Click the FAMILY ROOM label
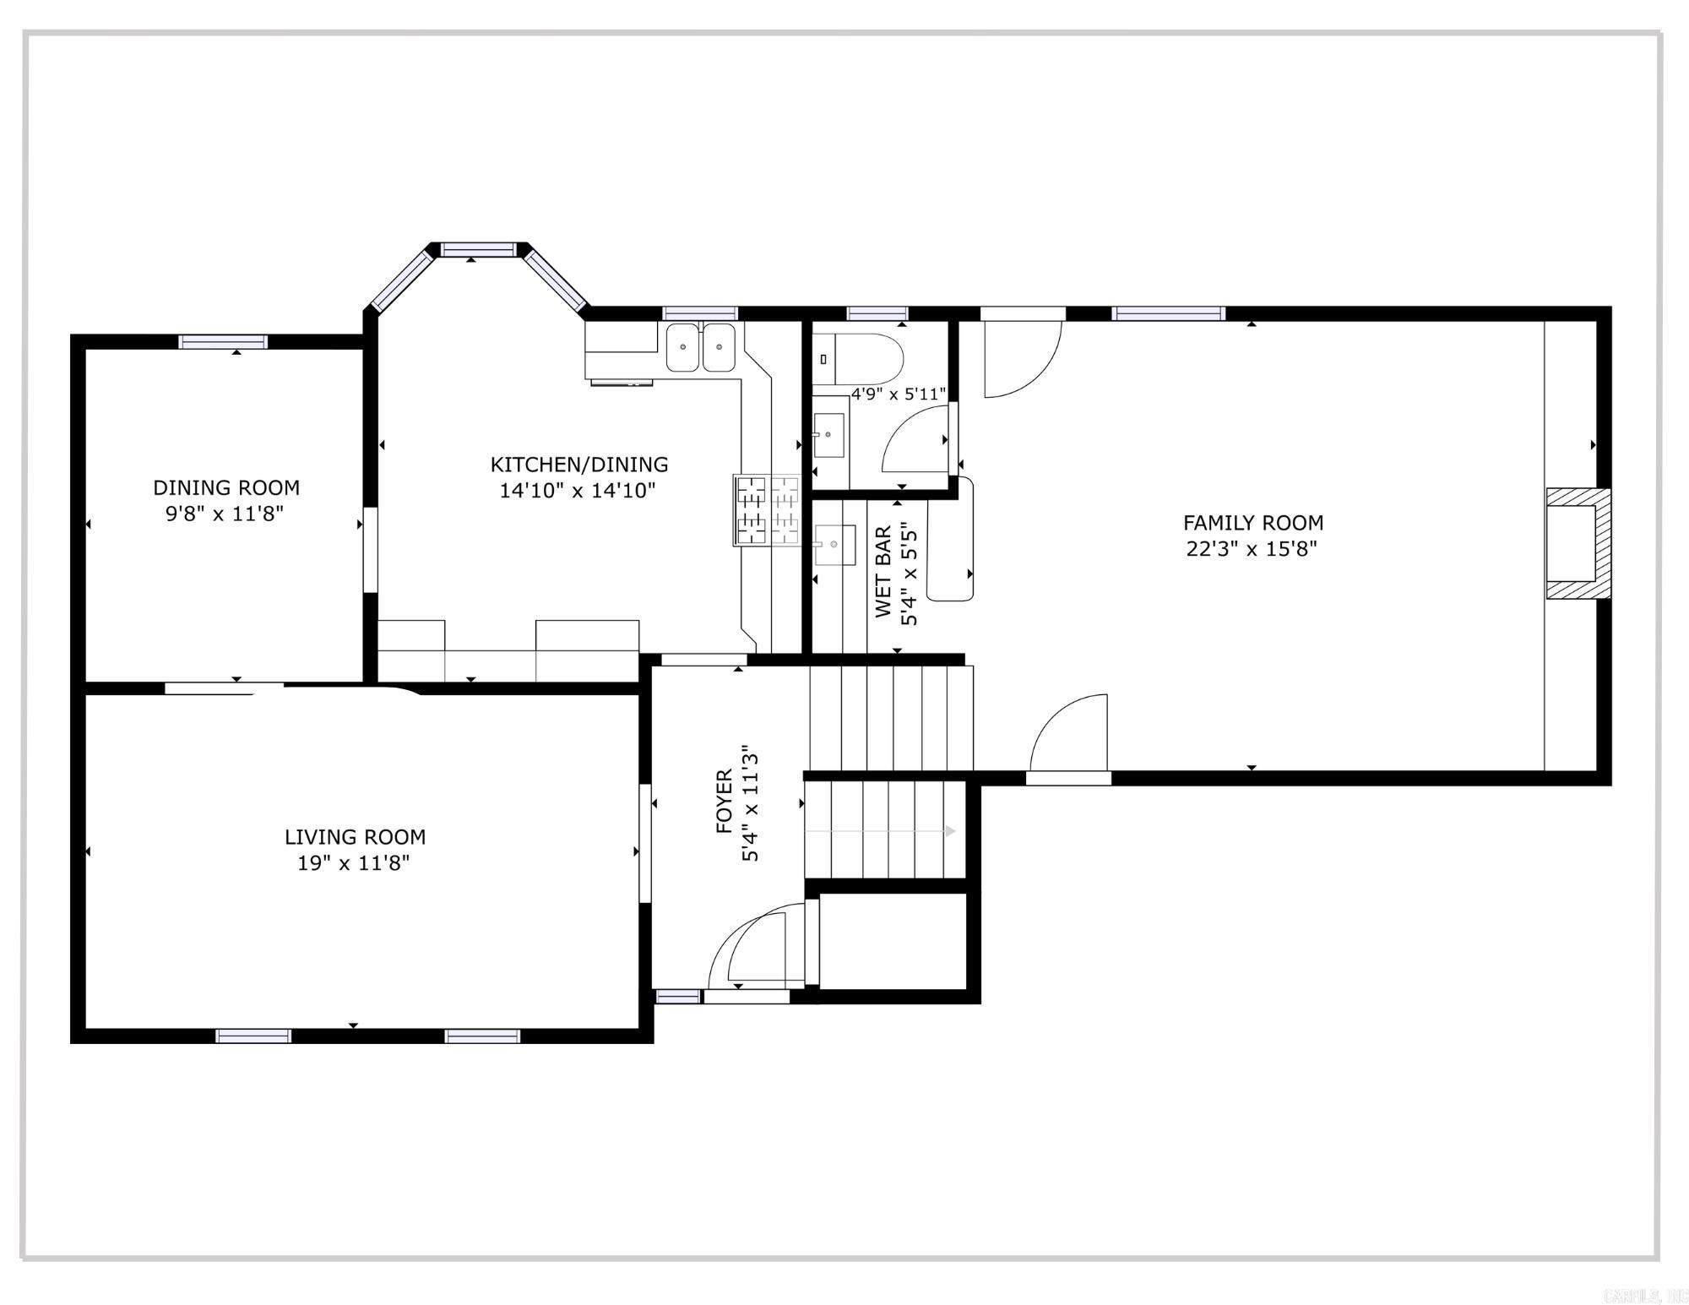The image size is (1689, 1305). (1252, 523)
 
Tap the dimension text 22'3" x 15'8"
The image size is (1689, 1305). (1252, 549)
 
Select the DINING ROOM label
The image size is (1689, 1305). (225, 487)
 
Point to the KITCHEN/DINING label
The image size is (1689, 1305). (578, 465)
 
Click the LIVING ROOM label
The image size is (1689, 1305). (355, 837)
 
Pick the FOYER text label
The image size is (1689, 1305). (725, 802)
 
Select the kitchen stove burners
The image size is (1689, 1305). (767, 510)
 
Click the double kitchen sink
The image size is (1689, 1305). (700, 347)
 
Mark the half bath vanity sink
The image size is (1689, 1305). (828, 435)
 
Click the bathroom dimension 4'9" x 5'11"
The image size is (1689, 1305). (898, 394)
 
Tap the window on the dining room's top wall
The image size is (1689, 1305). (223, 342)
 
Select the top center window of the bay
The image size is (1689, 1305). (478, 249)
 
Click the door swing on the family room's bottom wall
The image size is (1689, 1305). (1069, 733)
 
